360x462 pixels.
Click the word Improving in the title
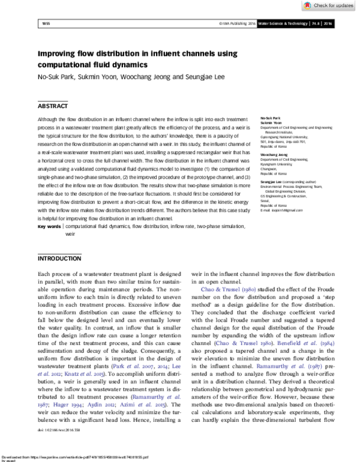click(x=58, y=53)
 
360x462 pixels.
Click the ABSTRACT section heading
click(x=53, y=106)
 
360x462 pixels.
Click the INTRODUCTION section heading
click(x=59, y=259)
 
